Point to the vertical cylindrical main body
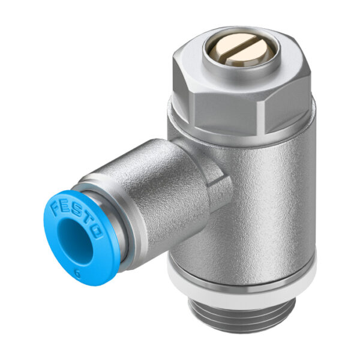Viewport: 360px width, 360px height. (264, 198)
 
